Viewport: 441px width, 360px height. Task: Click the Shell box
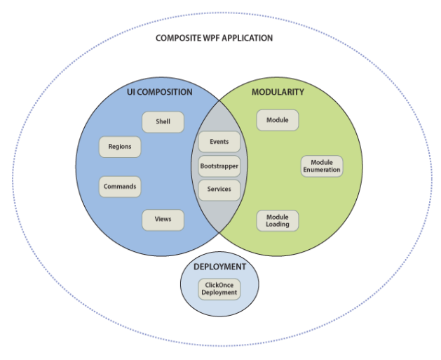163,121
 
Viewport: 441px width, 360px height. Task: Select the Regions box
120,147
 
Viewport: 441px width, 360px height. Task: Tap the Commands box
120,187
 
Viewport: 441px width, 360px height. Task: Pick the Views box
163,220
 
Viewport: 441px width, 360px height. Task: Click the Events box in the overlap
219,142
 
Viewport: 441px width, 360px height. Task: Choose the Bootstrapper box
219,166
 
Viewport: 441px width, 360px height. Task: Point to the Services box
219,189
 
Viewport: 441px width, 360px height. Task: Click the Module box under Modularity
278,120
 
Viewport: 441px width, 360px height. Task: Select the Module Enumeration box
322,166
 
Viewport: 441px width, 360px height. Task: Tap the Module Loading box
278,220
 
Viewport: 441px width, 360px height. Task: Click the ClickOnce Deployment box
219,289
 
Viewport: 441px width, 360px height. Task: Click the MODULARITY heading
278,93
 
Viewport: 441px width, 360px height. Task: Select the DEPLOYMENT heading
219,267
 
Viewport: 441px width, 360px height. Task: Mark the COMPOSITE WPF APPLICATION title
214,38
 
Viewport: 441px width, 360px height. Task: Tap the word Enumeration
322,170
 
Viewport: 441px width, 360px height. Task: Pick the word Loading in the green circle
278,225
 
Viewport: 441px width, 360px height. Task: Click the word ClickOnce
219,285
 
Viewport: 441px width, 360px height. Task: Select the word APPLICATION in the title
249,38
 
